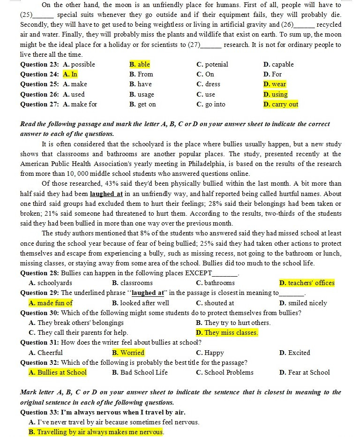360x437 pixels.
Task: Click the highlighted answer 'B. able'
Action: pyautogui.click(x=139, y=64)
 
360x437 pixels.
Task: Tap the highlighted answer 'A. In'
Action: pyautogui.click(x=70, y=74)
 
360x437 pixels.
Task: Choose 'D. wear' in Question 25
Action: pyautogui.click(x=275, y=84)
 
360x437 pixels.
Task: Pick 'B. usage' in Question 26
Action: pyautogui.click(x=142, y=94)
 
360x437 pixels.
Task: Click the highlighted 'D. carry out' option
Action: pyautogui.click(x=281, y=104)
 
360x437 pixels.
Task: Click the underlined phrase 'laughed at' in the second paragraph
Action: pyautogui.click(x=106, y=193)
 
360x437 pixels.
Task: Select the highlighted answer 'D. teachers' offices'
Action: pyautogui.click(x=307, y=283)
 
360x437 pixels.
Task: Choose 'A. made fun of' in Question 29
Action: pyautogui.click(x=51, y=303)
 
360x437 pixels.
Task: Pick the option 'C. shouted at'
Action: pyautogui.click(x=215, y=303)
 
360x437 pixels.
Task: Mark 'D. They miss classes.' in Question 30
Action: pyautogui.click(x=227, y=332)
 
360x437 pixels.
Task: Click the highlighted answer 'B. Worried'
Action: pyautogui.click(x=128, y=353)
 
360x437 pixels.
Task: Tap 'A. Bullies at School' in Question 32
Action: pyautogui.click(x=58, y=372)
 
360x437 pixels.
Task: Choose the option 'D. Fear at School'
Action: pyautogui.click(x=304, y=372)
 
